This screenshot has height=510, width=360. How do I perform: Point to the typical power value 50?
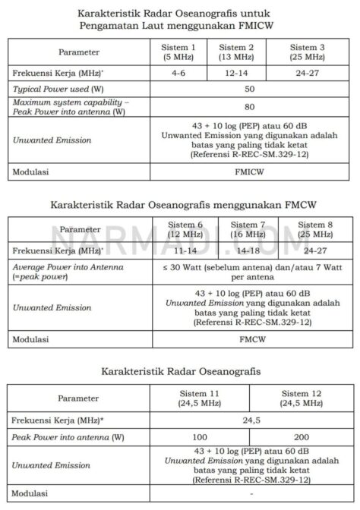[x=249, y=89]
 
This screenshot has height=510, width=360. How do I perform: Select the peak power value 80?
[x=249, y=107]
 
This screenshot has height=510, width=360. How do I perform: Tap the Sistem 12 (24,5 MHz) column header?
[x=301, y=398]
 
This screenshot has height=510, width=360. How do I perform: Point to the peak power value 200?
[x=301, y=438]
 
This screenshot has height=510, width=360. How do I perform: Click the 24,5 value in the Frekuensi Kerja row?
[x=249, y=419]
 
